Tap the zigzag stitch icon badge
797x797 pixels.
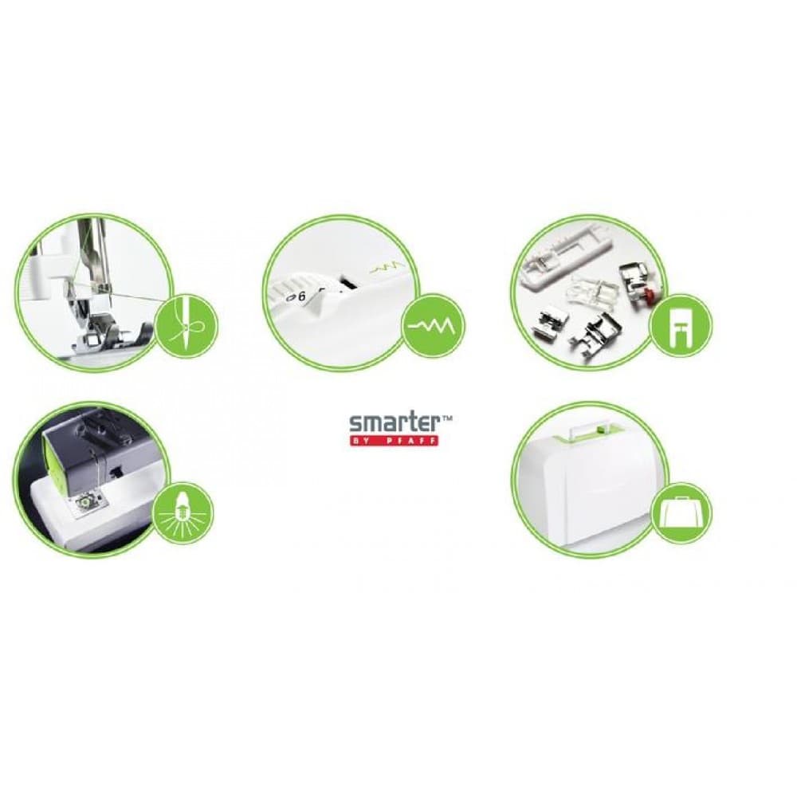[x=433, y=325]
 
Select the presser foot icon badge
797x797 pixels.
[x=681, y=325]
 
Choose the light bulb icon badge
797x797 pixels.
[x=183, y=513]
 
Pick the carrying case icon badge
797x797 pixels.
[x=681, y=513]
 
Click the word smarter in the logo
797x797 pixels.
[x=388, y=423]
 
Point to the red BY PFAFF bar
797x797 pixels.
[x=394, y=440]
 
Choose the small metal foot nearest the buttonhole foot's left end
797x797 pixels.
[x=545, y=318]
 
